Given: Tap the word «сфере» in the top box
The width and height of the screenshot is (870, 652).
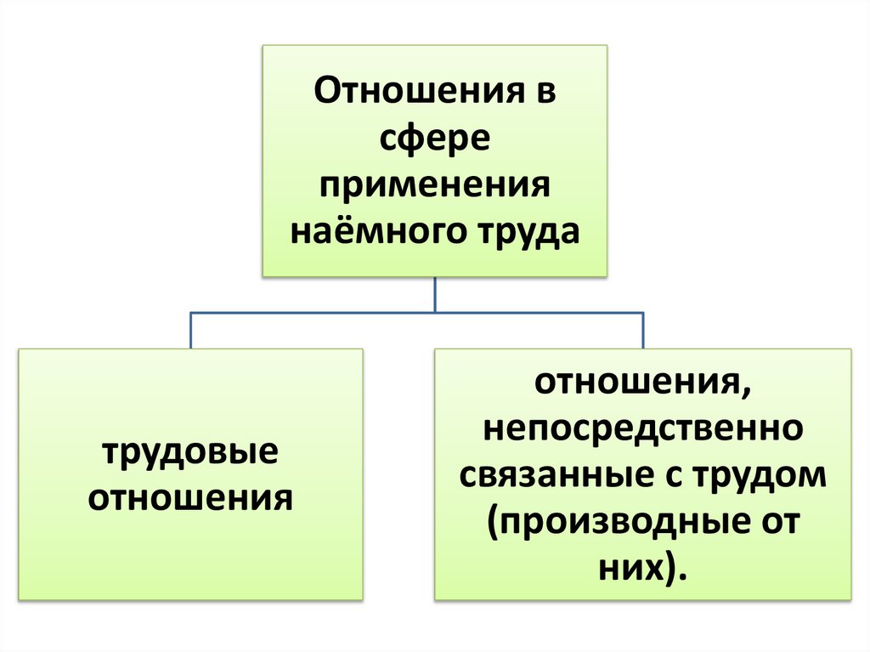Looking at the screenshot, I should pyautogui.click(x=435, y=137).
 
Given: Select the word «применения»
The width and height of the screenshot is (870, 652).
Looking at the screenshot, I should pyautogui.click(x=435, y=184).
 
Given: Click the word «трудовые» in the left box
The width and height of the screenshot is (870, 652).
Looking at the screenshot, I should pyautogui.click(x=191, y=451).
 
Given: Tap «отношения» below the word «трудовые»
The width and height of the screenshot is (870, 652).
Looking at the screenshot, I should pyautogui.click(x=191, y=497).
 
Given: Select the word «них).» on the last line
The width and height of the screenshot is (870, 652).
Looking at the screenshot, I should pyautogui.click(x=642, y=567).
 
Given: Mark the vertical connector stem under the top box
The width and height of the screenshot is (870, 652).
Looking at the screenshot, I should pyautogui.click(x=435, y=295).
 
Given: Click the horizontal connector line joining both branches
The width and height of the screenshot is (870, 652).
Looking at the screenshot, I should pyautogui.click(x=340, y=314).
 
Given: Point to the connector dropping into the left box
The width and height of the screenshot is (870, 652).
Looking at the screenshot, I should pyautogui.click(x=191, y=331).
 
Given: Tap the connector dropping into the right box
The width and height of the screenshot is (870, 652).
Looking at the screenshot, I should pyautogui.click(x=642, y=331).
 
